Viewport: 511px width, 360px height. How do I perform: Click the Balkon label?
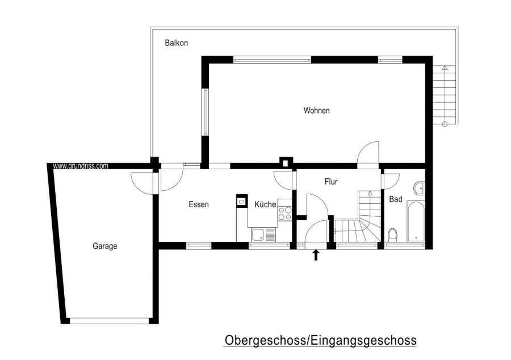point(177,43)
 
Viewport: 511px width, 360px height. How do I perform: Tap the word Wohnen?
point(316,111)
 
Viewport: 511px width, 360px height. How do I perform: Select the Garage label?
point(104,246)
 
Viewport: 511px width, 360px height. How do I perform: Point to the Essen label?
point(199,204)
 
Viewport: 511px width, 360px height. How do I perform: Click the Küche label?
point(265,204)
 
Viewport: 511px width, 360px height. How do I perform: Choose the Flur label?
point(331,182)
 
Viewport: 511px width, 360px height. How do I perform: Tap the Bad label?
point(396,199)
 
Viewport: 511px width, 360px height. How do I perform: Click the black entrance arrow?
point(316,255)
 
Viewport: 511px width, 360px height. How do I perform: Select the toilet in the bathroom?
point(392,235)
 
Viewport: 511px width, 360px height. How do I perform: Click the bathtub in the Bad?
point(416,221)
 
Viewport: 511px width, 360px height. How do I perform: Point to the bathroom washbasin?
point(420,188)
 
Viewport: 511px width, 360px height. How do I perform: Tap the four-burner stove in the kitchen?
point(284,214)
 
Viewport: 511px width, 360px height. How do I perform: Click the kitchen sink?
point(263,235)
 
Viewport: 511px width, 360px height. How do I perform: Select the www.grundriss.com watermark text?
point(81,166)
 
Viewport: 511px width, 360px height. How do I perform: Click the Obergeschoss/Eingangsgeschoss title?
point(320,341)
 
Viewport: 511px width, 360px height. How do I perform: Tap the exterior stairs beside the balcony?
point(444,95)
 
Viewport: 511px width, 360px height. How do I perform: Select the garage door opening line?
point(109,321)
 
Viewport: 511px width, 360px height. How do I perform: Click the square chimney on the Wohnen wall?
point(286,162)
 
